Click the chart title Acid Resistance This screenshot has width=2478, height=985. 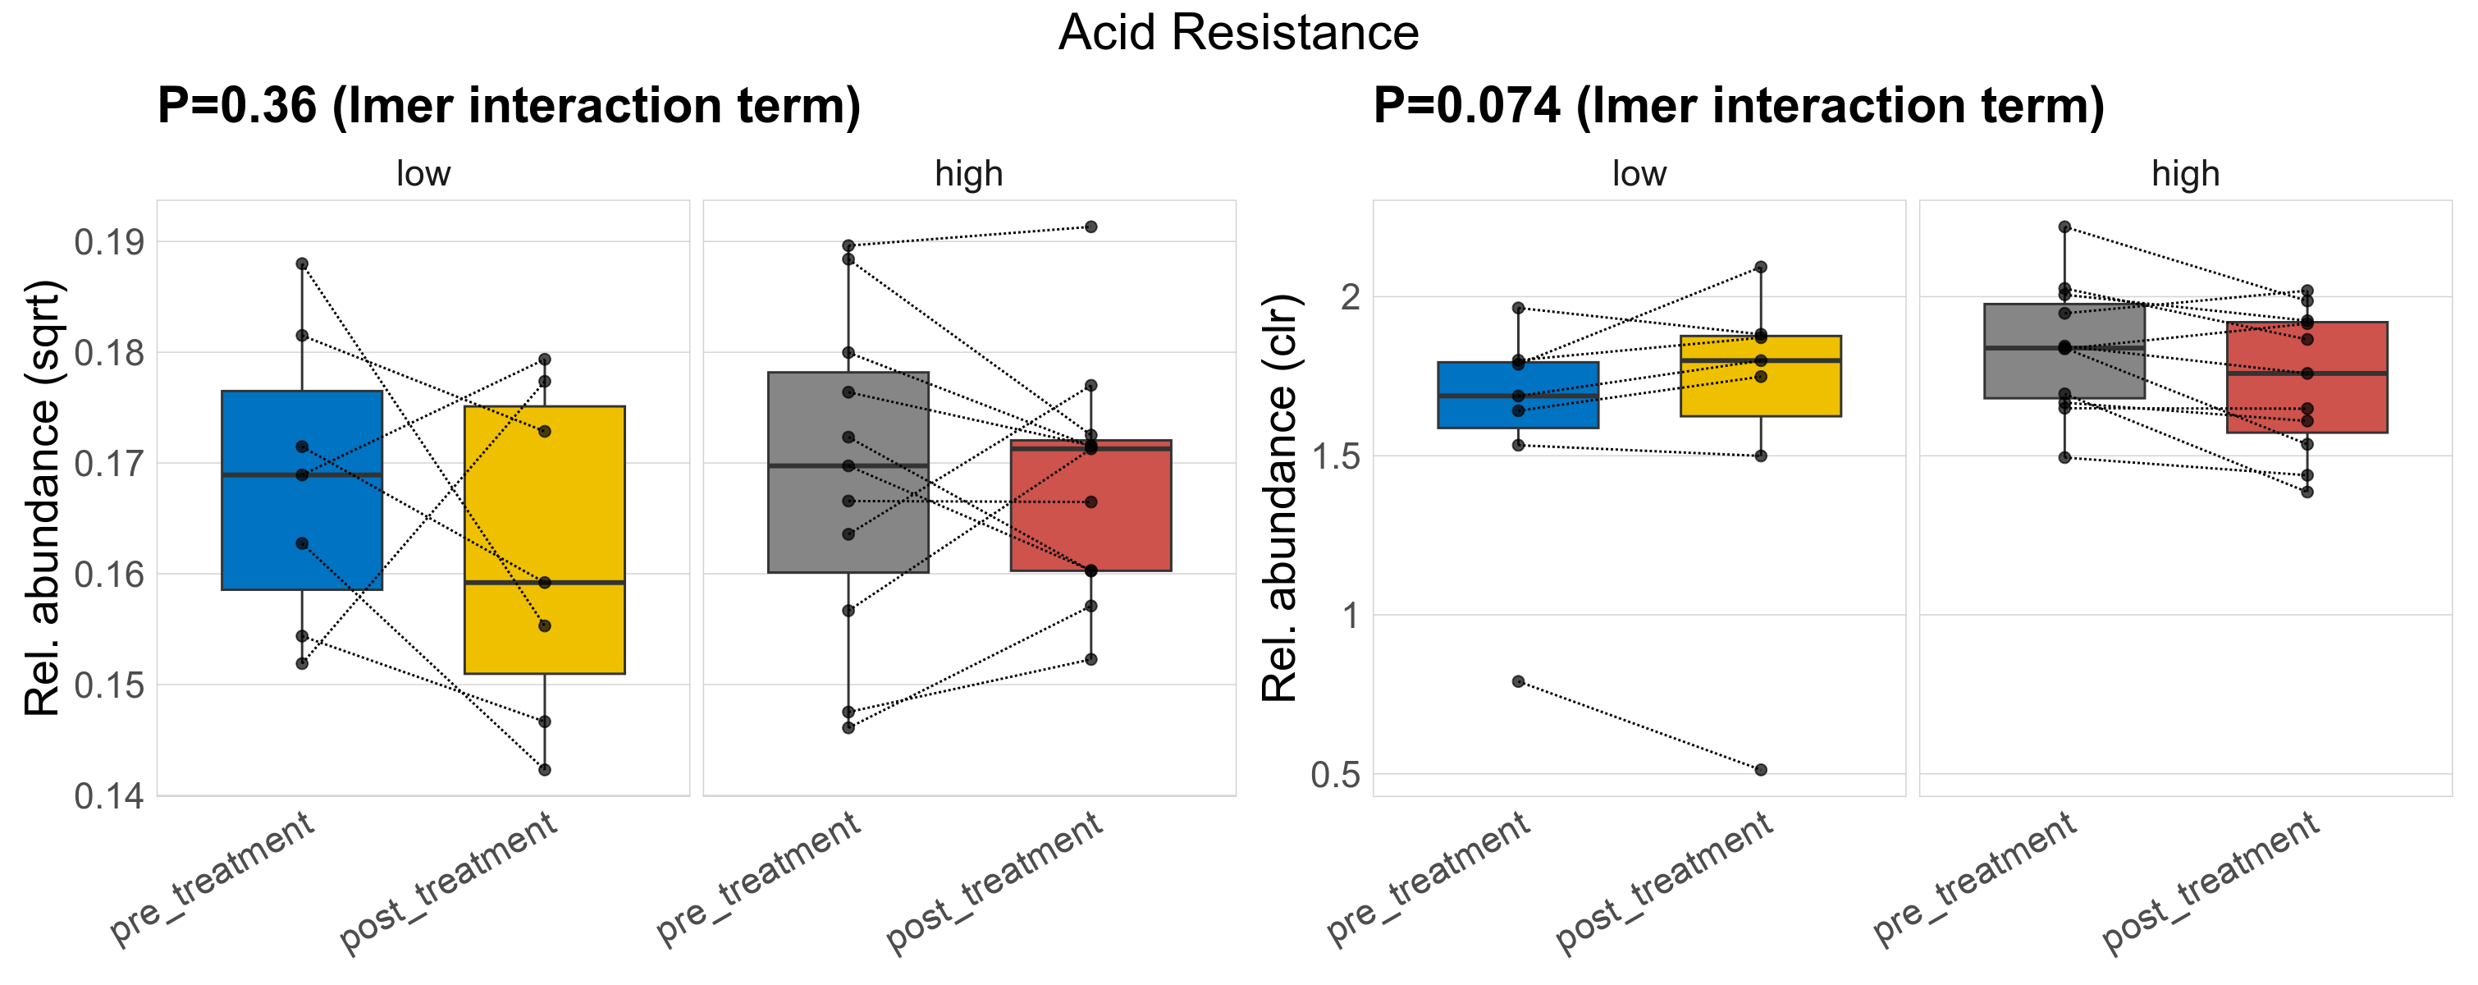pyautogui.click(x=1238, y=33)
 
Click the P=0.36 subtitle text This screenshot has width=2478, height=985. pyautogui.click(x=509, y=106)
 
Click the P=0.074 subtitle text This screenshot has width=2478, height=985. pyautogui.click(x=1738, y=106)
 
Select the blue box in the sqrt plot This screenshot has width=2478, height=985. pyautogui.click(x=302, y=520)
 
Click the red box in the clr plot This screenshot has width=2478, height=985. pyautogui.click(x=2307, y=394)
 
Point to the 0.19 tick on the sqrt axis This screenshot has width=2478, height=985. pyautogui.click(x=110, y=242)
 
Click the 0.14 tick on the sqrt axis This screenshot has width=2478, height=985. pyautogui.click(x=110, y=796)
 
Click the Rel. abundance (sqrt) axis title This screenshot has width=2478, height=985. pyautogui.click(x=43, y=498)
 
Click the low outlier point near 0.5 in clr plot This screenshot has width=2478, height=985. pyautogui.click(x=1760, y=770)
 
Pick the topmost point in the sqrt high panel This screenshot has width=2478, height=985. pyautogui.click(x=1090, y=227)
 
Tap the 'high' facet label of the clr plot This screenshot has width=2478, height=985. pyautogui.click(x=2186, y=174)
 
